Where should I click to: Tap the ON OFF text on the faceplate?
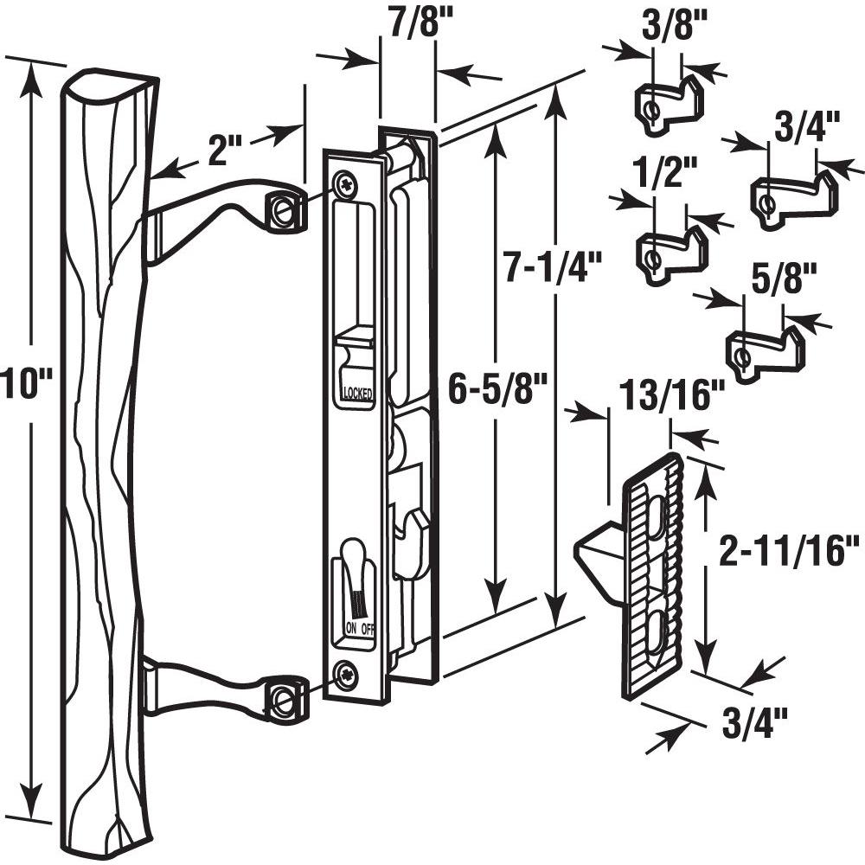click(x=360, y=629)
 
